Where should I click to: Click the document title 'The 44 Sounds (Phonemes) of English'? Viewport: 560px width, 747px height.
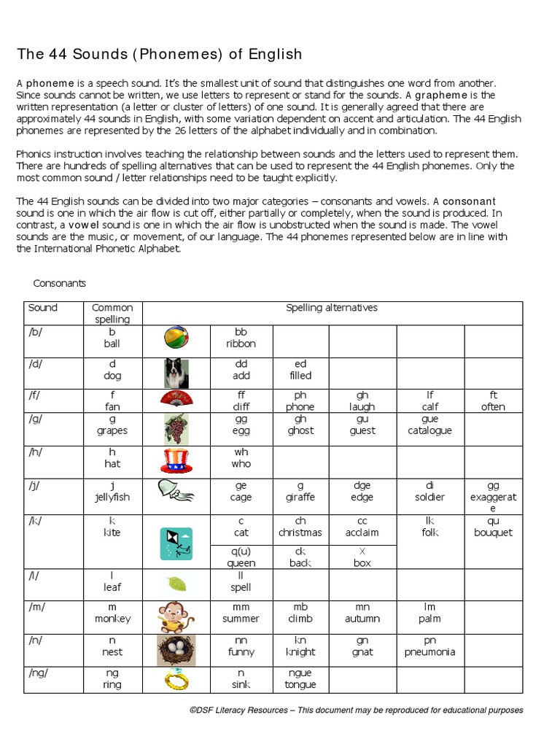[x=159, y=55]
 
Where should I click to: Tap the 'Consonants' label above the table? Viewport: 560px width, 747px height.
[x=60, y=283]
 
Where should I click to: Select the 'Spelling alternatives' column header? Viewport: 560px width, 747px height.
[x=332, y=308]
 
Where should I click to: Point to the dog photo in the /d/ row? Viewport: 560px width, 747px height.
[x=176, y=373]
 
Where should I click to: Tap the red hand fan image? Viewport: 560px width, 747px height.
[x=176, y=399]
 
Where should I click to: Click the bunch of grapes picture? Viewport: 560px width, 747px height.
[x=176, y=428]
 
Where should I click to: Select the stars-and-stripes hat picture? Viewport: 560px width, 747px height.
[x=176, y=462]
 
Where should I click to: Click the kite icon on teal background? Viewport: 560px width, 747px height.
[x=176, y=543]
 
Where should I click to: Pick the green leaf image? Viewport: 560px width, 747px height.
[x=176, y=584]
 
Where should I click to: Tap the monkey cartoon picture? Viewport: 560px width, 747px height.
[x=176, y=616]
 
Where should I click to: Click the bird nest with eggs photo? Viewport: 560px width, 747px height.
[x=176, y=649]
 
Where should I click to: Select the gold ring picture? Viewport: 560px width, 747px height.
[x=176, y=680]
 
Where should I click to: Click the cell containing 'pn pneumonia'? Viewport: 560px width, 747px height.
[x=429, y=646]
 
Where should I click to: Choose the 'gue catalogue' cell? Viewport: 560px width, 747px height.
[x=429, y=425]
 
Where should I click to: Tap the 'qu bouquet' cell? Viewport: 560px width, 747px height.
[x=493, y=527]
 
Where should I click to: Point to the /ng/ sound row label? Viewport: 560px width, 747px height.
[x=38, y=673]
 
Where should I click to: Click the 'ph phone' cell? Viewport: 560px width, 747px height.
[x=300, y=401]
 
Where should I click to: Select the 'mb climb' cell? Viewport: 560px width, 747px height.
[x=300, y=613]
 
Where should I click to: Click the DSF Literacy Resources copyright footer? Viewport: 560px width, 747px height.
[x=356, y=710]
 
